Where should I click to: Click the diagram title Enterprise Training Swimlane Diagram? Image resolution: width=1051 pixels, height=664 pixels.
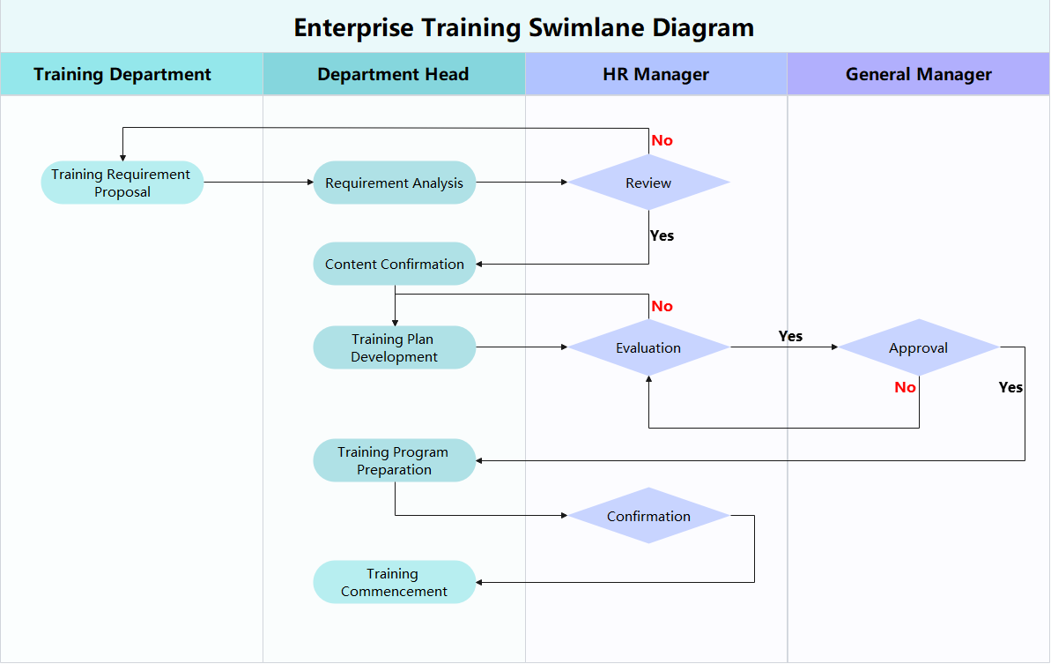coord(523,27)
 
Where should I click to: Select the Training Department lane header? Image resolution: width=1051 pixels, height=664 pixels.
coord(122,74)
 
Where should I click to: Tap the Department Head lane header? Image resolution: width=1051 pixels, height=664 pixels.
coord(393,74)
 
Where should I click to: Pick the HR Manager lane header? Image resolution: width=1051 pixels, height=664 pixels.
coord(655,74)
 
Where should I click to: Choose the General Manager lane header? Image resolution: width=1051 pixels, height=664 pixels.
coord(918,74)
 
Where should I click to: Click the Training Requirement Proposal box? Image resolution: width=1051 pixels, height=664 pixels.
coord(122,183)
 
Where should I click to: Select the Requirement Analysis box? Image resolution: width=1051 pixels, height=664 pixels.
coord(394,183)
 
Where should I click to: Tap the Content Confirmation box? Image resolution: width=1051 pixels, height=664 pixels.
coord(394,264)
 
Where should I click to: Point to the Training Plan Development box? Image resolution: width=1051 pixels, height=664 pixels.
coord(394,347)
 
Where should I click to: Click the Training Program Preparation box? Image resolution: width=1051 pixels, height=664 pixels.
coord(394,460)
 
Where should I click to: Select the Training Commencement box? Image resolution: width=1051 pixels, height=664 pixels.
coord(394,582)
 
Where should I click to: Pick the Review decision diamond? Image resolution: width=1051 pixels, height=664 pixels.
coord(648,183)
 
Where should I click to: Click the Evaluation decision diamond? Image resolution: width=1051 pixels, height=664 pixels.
coord(648,347)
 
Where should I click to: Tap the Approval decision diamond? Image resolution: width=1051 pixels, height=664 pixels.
coord(918,347)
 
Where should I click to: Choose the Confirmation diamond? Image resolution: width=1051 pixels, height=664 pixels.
coord(648,516)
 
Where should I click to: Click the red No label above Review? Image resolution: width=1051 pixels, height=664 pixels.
coord(662,140)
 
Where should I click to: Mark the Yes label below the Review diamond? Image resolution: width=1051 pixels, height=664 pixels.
coord(662,235)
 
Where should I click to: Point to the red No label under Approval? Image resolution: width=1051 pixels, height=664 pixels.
coord(905,387)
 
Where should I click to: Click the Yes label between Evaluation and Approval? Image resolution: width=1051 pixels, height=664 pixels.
coord(790,336)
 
